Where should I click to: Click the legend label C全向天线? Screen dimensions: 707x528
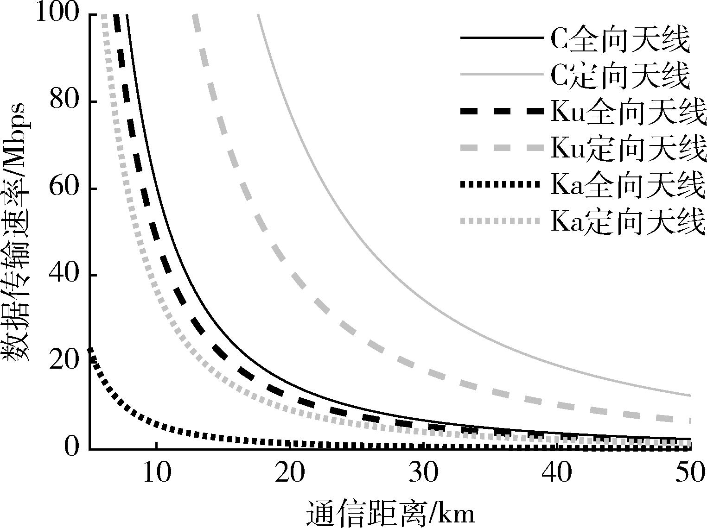coord(620,39)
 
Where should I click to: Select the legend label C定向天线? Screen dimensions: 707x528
coord(620,76)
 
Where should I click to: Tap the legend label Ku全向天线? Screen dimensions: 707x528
coord(628,113)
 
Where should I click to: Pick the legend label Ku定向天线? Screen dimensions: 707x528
coord(628,149)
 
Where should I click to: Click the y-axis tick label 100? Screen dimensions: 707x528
coord(57,12)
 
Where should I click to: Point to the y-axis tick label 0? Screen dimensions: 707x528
coord(71,447)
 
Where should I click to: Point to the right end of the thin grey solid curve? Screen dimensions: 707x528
coord(691,396)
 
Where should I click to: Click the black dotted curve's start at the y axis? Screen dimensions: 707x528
coord(90,350)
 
